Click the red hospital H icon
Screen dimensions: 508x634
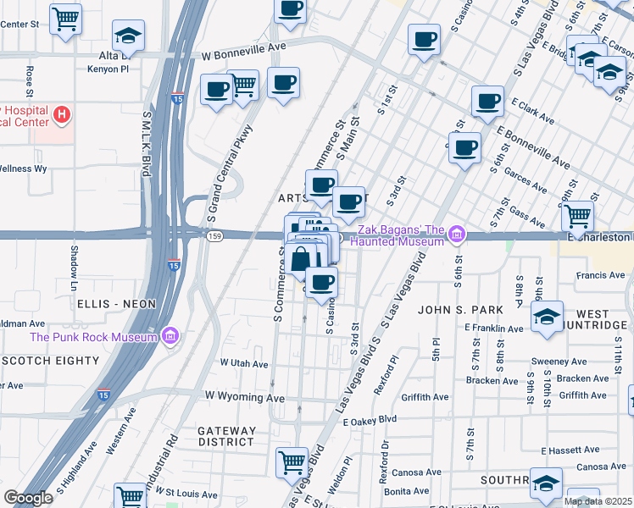pos(61,113)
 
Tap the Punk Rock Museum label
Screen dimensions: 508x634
pos(93,337)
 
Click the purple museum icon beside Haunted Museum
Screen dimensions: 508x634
pos(457,234)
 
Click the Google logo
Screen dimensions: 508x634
pos(27,497)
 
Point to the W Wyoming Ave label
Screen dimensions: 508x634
pos(244,397)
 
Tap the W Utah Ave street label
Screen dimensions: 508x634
pos(244,363)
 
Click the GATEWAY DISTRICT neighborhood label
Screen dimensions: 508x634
pos(226,436)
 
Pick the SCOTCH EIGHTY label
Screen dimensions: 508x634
pos(51,361)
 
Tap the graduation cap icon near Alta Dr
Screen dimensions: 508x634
pos(128,36)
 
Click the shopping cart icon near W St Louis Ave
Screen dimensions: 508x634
pos(130,495)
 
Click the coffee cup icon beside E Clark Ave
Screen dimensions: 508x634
pos(487,102)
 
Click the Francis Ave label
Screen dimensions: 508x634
pos(599,275)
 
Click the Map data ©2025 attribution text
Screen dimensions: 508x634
pos(598,501)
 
